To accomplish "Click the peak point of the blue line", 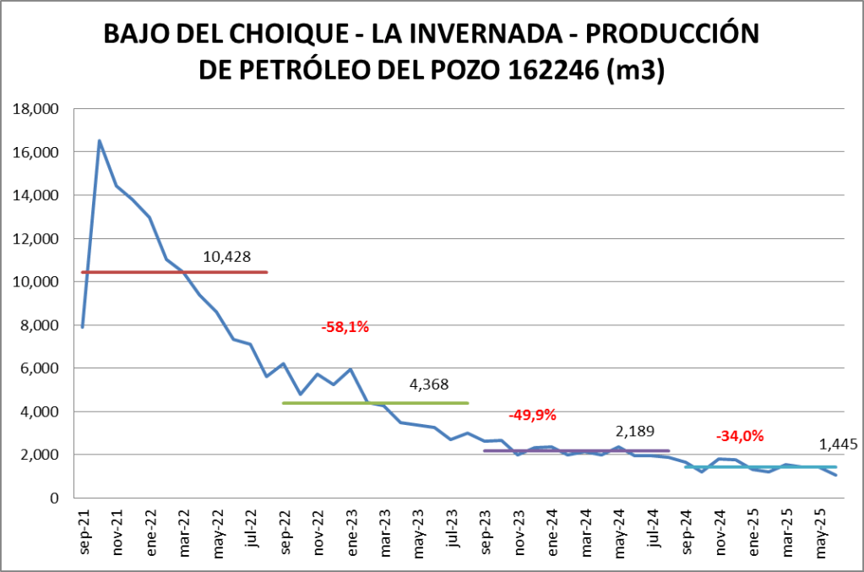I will click(x=100, y=141).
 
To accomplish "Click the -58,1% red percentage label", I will click(x=345, y=327).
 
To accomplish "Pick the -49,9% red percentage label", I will click(x=532, y=415).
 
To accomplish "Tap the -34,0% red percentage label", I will click(x=740, y=436).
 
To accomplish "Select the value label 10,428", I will click(x=227, y=257).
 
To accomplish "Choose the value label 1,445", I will click(x=838, y=444).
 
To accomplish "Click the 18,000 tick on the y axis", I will click(x=34, y=109).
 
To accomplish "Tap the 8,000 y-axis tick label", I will click(x=37, y=325).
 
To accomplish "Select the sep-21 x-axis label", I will click(x=84, y=531).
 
